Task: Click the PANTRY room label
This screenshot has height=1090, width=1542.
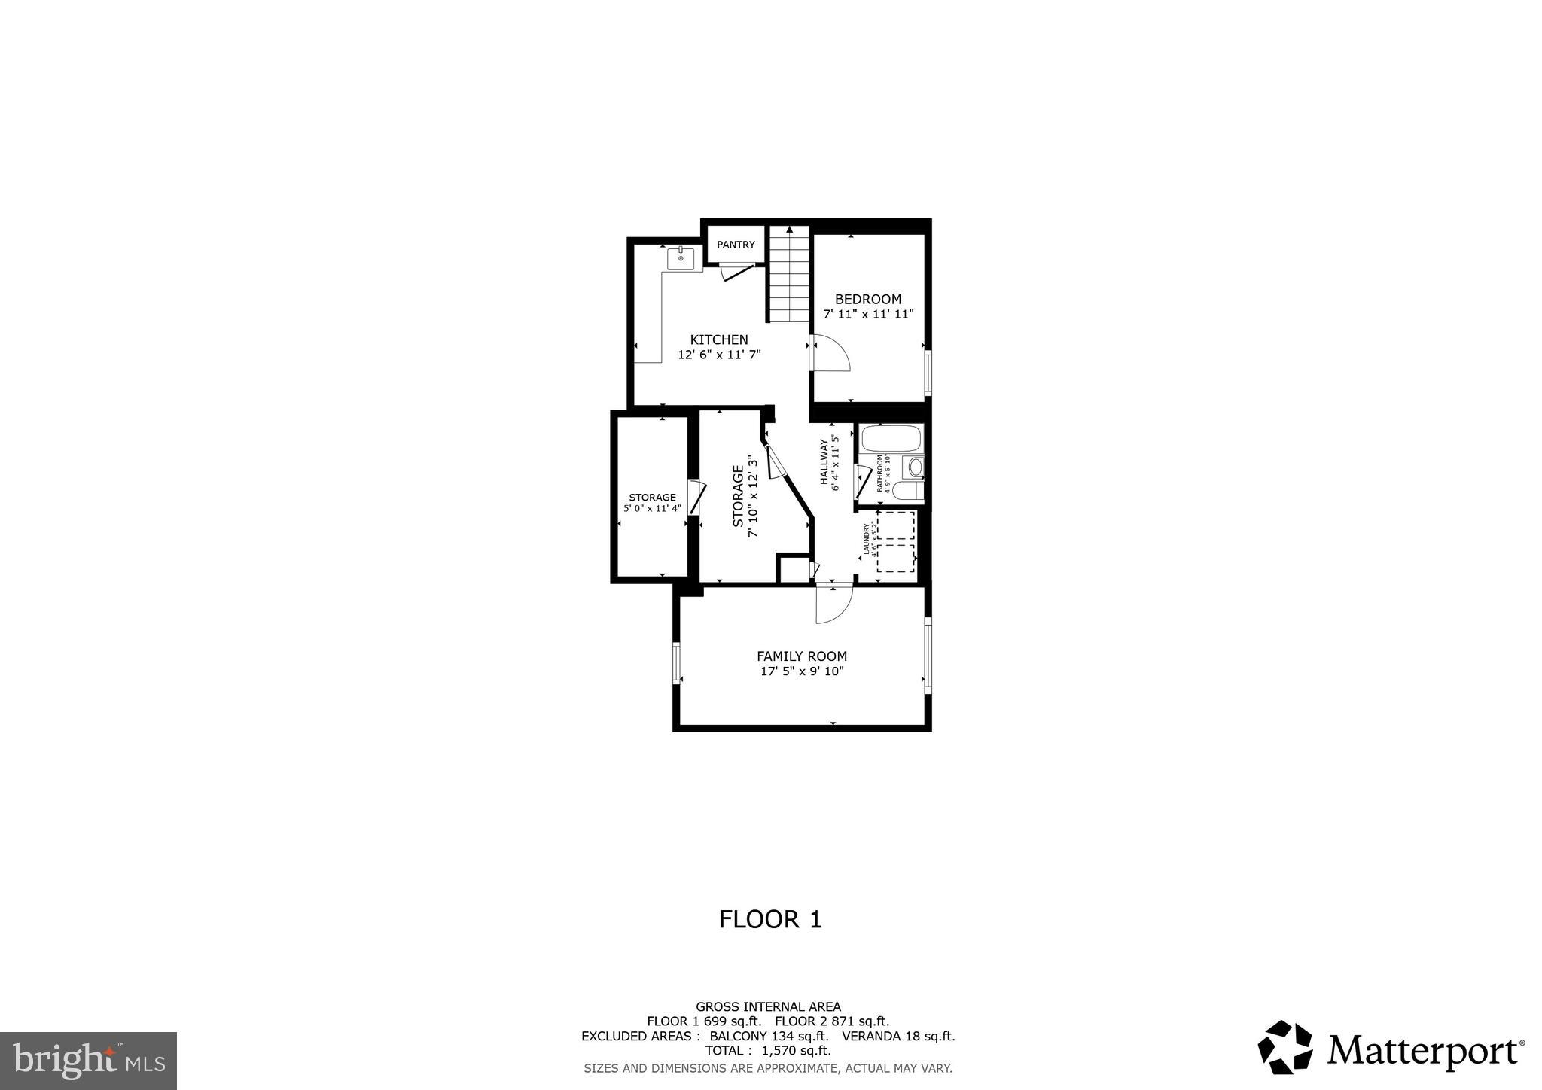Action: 736,245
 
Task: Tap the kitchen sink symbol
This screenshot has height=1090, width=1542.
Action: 681,258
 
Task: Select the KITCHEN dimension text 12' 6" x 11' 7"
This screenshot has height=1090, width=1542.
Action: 719,355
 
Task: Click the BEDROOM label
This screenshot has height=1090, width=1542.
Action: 867,299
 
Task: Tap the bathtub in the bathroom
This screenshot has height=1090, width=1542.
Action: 891,438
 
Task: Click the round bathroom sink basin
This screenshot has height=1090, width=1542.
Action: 915,467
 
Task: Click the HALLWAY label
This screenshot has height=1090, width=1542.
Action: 824,462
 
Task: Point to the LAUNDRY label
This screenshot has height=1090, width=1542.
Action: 867,540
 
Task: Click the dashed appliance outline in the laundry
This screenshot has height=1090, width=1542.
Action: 896,541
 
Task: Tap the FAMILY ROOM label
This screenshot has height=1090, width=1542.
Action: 802,656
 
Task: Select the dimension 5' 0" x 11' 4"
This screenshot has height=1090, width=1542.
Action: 652,509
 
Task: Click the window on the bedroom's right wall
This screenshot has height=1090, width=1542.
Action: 928,373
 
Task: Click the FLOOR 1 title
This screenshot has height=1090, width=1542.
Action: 769,919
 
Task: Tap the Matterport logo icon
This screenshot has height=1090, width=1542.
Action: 1284,1046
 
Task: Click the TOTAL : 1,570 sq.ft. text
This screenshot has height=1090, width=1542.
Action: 768,1051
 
